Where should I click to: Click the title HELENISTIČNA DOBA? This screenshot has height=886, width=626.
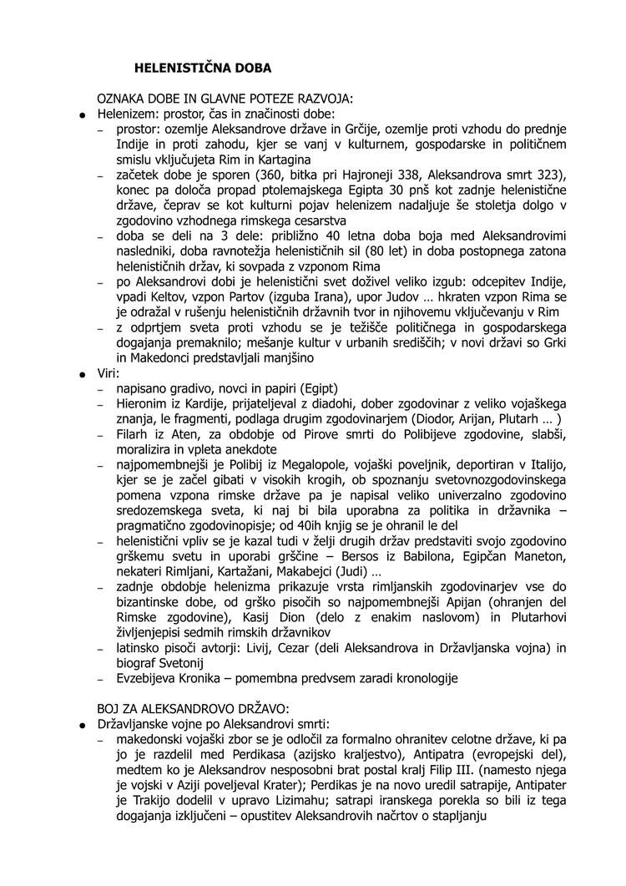[204, 67]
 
